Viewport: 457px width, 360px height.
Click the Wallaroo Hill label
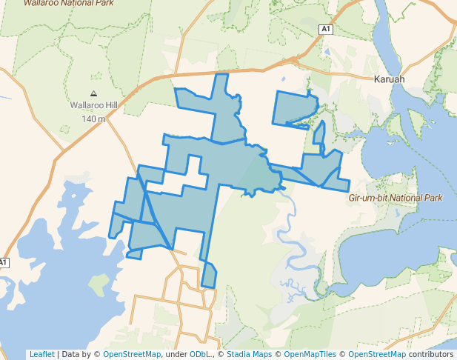(x=93, y=106)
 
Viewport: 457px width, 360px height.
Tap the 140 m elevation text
(x=93, y=119)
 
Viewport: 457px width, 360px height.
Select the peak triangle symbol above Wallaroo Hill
(x=93, y=94)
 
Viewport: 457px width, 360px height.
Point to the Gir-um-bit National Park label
(x=396, y=199)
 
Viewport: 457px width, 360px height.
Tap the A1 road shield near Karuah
(x=325, y=29)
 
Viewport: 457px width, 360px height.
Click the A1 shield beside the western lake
(x=3, y=263)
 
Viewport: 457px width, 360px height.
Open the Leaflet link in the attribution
(x=41, y=354)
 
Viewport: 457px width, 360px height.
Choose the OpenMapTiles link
(x=310, y=354)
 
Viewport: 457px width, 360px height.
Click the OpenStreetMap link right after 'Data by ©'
(x=132, y=354)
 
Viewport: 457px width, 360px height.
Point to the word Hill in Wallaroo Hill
(x=110, y=106)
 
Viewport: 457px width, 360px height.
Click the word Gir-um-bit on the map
(x=368, y=199)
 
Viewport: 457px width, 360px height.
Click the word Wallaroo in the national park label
(x=41, y=3)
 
